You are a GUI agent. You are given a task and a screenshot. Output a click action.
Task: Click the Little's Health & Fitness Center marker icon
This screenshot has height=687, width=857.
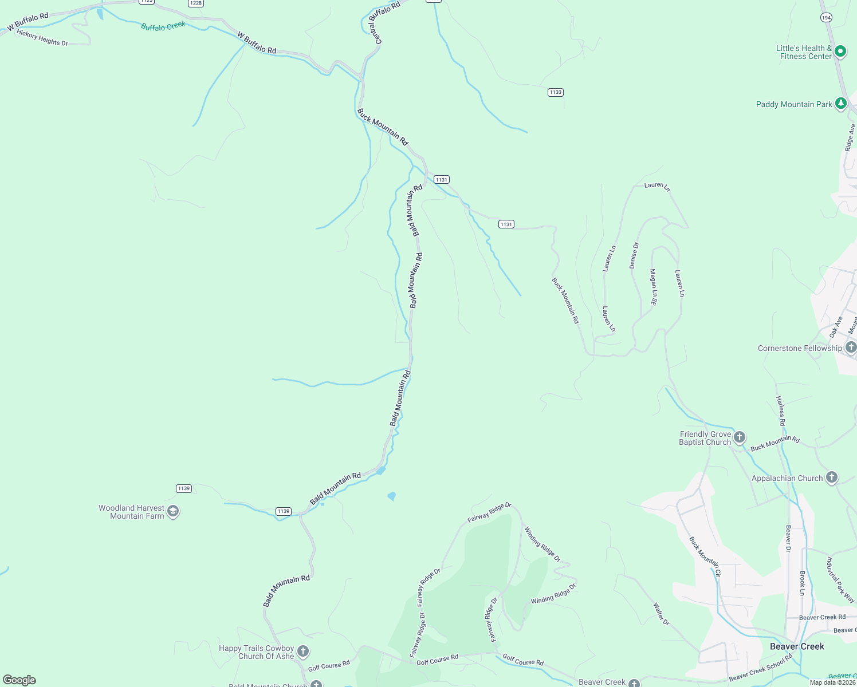point(840,52)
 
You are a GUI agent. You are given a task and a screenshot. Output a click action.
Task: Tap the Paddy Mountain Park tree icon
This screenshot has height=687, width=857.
point(840,104)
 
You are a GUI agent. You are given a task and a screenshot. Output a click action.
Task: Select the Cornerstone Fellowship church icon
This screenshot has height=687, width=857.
point(851,348)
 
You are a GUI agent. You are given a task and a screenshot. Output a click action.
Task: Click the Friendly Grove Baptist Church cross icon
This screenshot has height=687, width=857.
point(740,438)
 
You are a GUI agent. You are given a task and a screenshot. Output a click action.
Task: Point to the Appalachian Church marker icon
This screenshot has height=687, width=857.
point(832,477)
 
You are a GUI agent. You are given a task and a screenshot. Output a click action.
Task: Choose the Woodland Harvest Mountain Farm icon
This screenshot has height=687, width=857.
point(173,511)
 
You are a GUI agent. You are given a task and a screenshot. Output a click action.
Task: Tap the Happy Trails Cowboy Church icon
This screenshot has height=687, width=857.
point(303,652)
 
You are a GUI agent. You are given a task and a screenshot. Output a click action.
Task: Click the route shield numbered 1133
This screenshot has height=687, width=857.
point(555,92)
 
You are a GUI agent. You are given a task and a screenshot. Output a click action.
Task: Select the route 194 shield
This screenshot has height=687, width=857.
point(825,18)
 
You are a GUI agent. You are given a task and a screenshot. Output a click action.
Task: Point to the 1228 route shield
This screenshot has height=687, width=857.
point(195,3)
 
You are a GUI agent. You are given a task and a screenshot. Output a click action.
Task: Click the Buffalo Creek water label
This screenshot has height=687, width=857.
point(163,26)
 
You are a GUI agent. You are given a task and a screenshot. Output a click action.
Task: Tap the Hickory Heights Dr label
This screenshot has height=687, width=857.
point(42,38)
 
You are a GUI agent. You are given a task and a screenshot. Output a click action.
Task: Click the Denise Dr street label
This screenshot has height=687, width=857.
point(634,255)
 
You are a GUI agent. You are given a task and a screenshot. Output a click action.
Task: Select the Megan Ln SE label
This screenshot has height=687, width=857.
point(653,287)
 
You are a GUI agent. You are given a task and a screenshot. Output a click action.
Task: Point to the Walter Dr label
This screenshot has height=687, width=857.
point(661,614)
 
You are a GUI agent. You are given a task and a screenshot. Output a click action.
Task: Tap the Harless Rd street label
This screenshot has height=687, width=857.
point(781,410)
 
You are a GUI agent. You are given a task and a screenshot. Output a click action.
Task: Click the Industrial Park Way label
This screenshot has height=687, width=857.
point(840,579)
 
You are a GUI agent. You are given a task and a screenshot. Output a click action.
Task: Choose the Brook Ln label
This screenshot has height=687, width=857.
point(803,583)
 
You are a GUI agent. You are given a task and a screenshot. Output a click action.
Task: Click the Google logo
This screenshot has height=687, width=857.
point(19,680)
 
